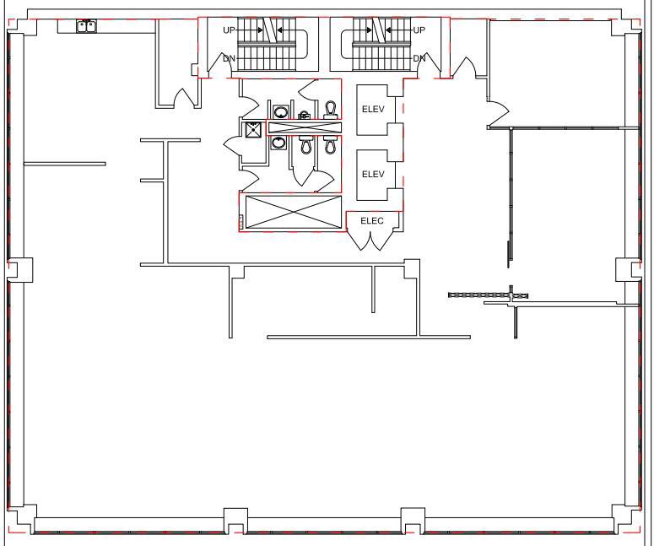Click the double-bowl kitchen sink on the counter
coord(85,27)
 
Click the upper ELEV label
coord(373,109)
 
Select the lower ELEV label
coord(373,174)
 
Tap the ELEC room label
coord(372,221)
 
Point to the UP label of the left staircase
coord(230,30)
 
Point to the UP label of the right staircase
coord(419,30)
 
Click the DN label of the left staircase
coord(229,58)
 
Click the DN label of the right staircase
coord(419,58)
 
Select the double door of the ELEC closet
coord(371,240)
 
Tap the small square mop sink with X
coord(251,130)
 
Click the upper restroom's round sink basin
coord(279,111)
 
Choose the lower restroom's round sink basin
coord(278,143)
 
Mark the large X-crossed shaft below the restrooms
coord(291,211)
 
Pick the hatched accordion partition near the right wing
coord(479,295)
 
